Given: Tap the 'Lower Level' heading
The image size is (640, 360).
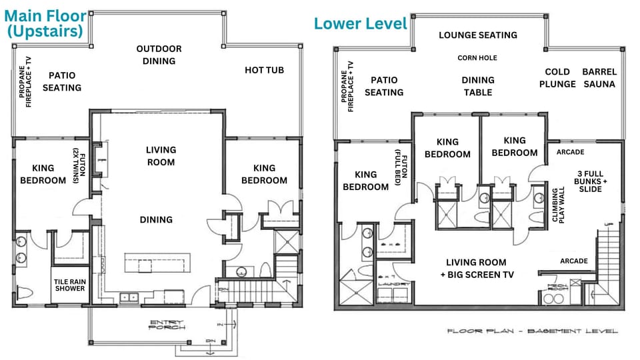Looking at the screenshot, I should (360, 23).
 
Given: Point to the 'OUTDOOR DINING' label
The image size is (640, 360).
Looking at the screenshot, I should (159, 55).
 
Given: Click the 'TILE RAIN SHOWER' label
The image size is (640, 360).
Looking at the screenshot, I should (69, 285).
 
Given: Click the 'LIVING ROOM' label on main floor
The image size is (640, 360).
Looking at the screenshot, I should (161, 156).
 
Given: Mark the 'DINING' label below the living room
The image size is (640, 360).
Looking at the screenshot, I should (156, 219).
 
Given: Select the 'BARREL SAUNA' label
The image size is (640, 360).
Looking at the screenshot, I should (599, 78).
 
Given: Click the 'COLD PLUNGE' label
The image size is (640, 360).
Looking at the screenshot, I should (557, 78).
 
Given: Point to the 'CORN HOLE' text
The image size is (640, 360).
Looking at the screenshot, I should (477, 58).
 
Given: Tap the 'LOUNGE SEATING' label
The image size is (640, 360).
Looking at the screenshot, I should (478, 35).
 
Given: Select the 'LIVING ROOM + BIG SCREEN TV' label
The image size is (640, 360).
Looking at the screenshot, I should (476, 268).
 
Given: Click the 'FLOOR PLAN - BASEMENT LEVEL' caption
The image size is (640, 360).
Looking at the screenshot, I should (532, 331).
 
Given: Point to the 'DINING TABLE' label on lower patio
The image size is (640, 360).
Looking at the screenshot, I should (478, 86).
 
